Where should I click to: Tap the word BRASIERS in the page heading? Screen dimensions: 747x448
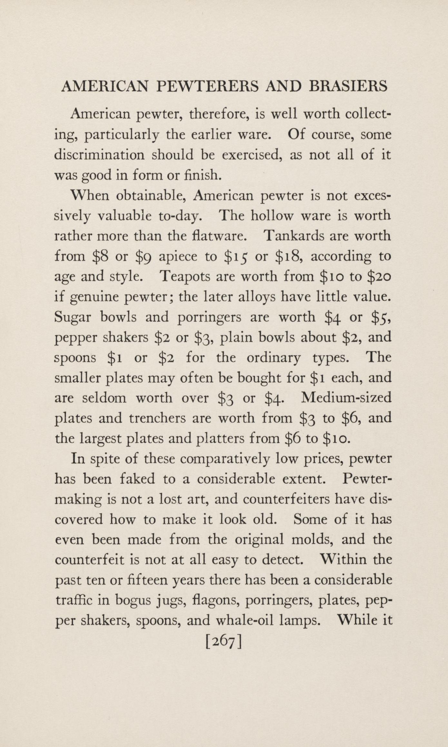[x=348, y=86]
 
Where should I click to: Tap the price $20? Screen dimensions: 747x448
[x=379, y=277]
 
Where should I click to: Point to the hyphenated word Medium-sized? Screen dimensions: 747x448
[x=346, y=398]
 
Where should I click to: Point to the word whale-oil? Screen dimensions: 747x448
[x=245, y=621]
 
